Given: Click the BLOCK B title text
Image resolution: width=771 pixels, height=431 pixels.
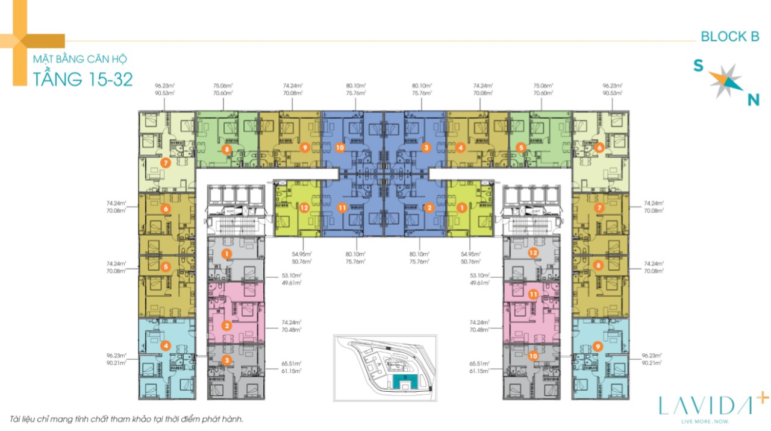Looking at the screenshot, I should [729, 37].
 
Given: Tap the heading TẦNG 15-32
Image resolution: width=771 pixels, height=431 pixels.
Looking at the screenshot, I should [83, 79].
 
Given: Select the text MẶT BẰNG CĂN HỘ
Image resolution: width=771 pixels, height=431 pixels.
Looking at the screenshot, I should [80, 60].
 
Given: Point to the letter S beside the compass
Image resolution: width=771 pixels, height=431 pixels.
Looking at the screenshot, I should [699, 66].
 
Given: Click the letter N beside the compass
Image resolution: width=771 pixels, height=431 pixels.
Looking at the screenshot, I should [753, 100].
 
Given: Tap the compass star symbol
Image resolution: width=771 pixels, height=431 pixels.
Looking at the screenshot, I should [725, 82].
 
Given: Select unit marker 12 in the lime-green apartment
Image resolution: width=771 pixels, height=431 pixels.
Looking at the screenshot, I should [304, 208].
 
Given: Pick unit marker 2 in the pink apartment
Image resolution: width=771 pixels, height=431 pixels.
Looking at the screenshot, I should [226, 326].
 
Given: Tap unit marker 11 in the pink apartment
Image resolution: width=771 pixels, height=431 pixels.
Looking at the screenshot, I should [533, 294].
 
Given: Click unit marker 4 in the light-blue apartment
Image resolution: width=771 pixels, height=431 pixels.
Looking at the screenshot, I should [166, 346].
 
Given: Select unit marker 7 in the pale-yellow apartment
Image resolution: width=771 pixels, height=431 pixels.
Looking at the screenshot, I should [166, 163].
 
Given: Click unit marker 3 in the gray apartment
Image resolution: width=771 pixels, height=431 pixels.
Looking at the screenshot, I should [226, 360].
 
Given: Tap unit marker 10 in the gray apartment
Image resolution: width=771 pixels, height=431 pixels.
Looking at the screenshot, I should [533, 356].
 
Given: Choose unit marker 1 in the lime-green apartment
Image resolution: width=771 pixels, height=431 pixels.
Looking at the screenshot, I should [462, 208].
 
